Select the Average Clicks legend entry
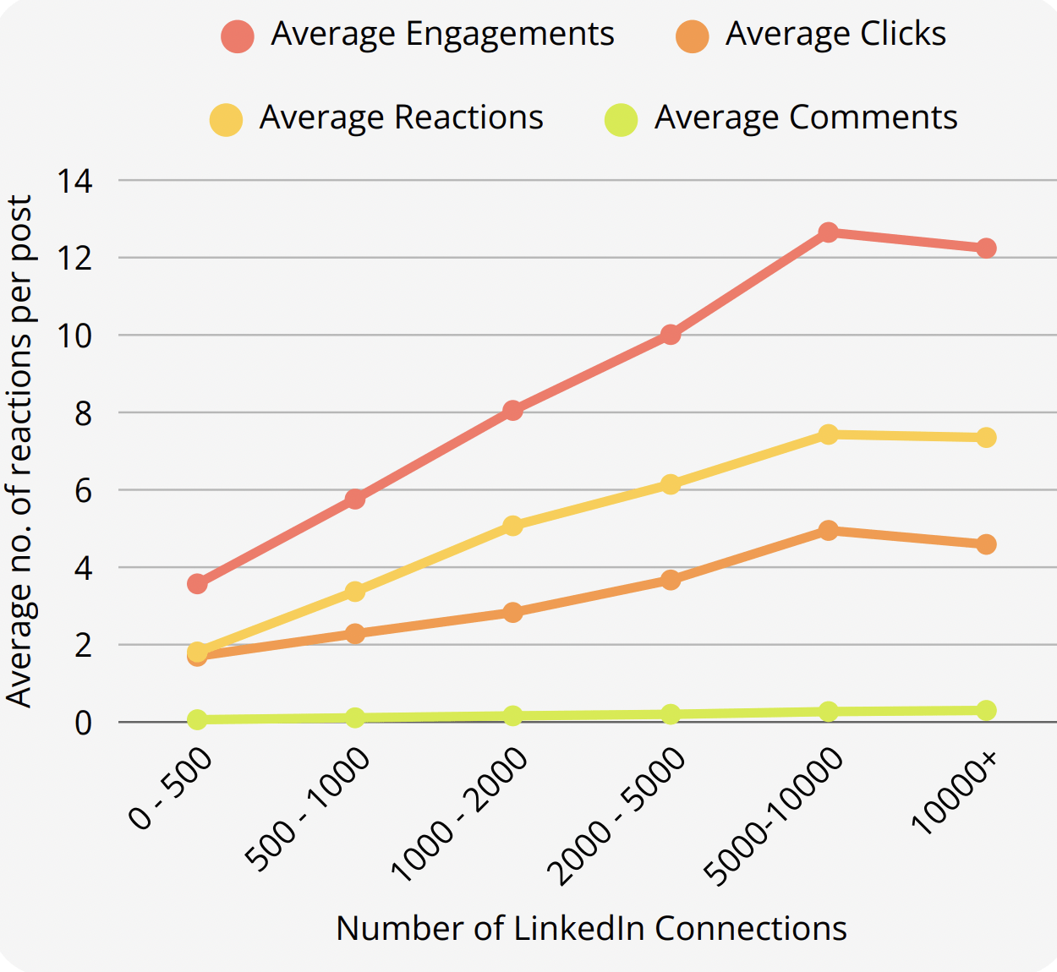tap(811, 35)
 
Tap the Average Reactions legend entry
tap(377, 118)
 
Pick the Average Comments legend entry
tap(781, 118)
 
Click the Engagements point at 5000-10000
tap(829, 232)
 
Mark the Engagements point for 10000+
tap(986, 248)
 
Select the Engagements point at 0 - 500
tap(197, 583)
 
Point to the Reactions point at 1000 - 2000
tap(512, 526)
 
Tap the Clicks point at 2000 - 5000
tap(671, 580)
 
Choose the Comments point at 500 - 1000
tap(355, 718)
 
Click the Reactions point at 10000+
tap(986, 437)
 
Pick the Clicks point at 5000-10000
tap(829, 530)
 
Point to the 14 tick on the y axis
tap(74, 180)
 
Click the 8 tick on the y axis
tap(83, 413)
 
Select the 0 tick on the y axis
tap(83, 724)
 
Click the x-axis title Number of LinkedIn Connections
tap(591, 928)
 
